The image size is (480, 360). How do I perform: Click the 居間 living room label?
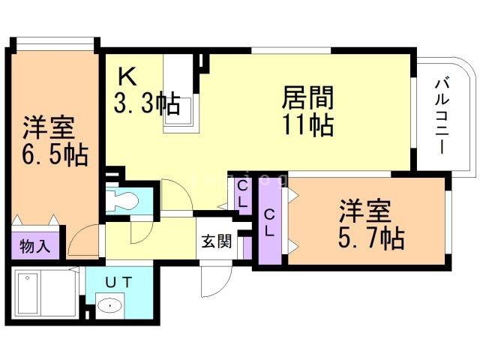[307, 97]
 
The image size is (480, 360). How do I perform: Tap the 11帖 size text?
[307, 124]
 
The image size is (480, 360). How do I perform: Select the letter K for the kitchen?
[126, 76]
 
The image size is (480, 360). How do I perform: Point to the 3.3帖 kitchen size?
[147, 103]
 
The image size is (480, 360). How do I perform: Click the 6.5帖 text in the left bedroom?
[54, 156]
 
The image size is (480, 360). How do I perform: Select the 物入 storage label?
[34, 246]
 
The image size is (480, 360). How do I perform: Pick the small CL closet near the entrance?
[243, 193]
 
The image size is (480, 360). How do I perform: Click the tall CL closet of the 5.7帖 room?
[268, 223]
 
